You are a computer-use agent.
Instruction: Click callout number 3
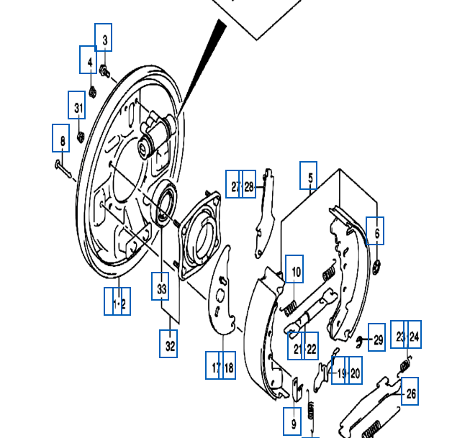click(x=104, y=38)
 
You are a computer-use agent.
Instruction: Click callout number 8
click(x=61, y=138)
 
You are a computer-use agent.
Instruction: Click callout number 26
click(x=409, y=392)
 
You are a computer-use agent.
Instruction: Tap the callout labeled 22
click(x=311, y=348)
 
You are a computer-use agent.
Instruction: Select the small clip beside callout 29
click(x=359, y=339)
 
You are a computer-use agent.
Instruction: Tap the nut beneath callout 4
click(x=93, y=91)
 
